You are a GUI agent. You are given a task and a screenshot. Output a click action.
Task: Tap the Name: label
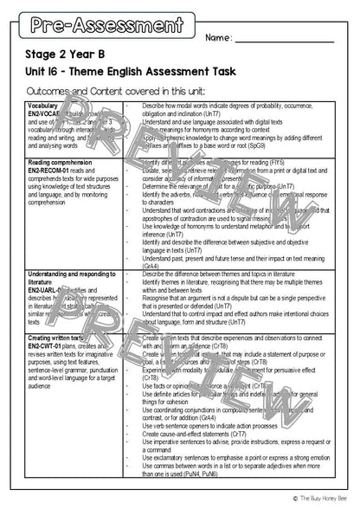[x=219, y=38]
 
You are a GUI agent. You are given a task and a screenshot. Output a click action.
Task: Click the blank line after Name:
[x=285, y=40]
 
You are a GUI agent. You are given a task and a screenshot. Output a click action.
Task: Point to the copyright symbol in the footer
[x=292, y=497]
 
